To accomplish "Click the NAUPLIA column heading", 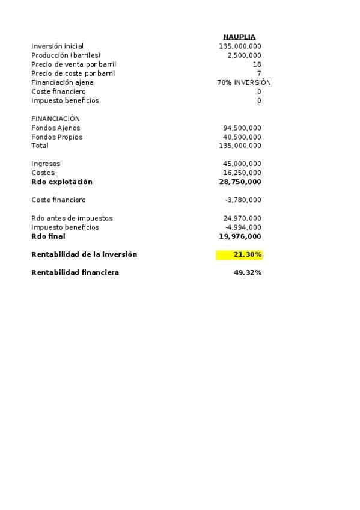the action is click(x=239, y=37).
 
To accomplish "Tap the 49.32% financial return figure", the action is click(x=247, y=273).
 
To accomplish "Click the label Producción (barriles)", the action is click(x=66, y=55).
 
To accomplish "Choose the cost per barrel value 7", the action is click(x=258, y=73).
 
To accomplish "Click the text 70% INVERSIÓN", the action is click(x=244, y=82).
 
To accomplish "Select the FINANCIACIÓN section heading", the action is click(x=55, y=119).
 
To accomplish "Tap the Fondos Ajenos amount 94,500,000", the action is click(x=242, y=128).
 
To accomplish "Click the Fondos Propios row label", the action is click(x=56, y=137).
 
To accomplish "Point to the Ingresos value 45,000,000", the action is click(x=242, y=164).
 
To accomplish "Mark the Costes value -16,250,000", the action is click(x=240, y=173).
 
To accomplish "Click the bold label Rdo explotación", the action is click(x=62, y=182).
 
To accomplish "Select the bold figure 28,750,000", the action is click(x=240, y=182).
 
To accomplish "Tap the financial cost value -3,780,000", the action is click(x=243, y=200).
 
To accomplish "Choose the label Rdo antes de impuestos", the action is click(x=72, y=218).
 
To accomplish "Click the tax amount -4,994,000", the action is click(x=243, y=227).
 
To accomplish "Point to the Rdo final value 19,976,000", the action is click(x=240, y=236).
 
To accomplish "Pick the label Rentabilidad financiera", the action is click(x=75, y=273).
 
